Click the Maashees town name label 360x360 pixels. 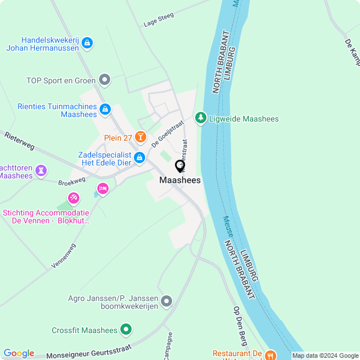pyautogui.click(x=180, y=180)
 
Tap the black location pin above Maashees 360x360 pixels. pyautogui.click(x=180, y=166)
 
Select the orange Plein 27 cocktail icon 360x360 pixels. pyautogui.click(x=140, y=137)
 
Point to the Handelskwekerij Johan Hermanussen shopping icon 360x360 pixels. pyautogui.click(x=87, y=43)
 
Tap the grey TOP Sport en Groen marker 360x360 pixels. pyautogui.click(x=104, y=80)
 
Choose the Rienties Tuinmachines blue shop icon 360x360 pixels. pyautogui.click(x=105, y=109)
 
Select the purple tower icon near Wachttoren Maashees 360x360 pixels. pyautogui.click(x=41, y=170)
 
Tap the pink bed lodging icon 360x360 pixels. pyautogui.click(x=102, y=188)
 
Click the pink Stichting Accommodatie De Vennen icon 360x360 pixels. pyautogui.click(x=73, y=198)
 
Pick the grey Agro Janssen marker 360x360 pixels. pyautogui.click(x=166, y=301)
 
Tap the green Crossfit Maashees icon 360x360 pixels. pyautogui.click(x=126, y=330)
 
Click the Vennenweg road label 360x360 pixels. pyautogui.click(x=63, y=256)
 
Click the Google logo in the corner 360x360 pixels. pyautogui.click(x=19, y=353)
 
